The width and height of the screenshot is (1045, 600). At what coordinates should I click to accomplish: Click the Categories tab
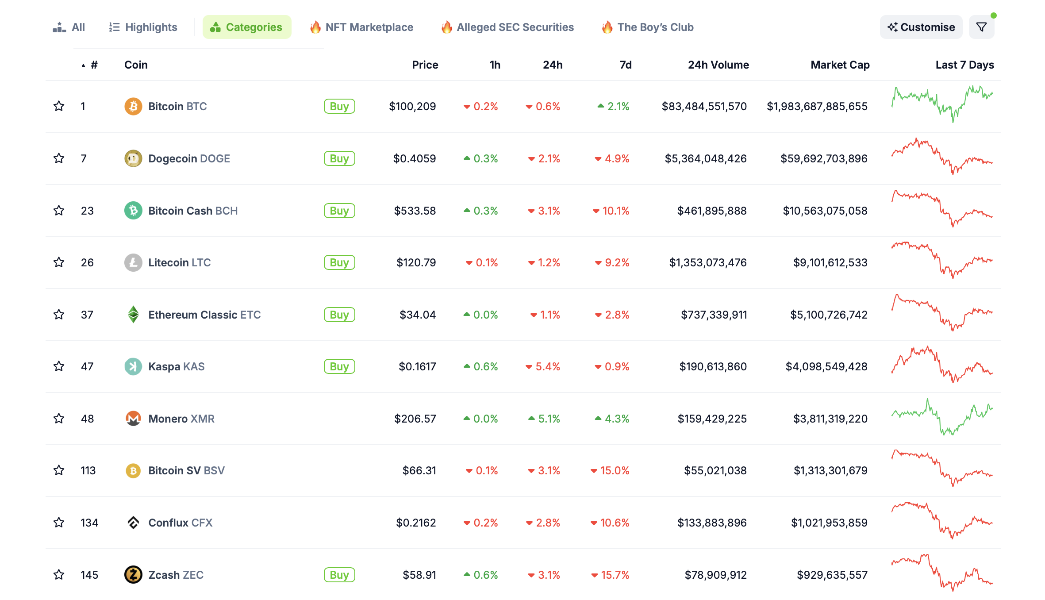[246, 27]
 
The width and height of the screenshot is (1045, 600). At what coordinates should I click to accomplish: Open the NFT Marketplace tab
[361, 27]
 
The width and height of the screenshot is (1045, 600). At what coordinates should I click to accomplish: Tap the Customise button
[921, 27]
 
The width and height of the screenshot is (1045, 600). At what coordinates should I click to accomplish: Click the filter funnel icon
[981, 27]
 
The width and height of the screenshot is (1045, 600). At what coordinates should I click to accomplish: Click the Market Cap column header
[840, 65]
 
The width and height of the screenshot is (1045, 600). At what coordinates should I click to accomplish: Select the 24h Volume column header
[718, 65]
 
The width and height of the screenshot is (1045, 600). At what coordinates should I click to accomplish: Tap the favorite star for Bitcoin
[59, 106]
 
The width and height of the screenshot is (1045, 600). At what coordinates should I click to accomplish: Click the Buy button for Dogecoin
[339, 158]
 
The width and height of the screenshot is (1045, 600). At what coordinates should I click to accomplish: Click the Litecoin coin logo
[133, 262]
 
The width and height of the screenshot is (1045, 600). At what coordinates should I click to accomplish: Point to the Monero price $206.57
[415, 419]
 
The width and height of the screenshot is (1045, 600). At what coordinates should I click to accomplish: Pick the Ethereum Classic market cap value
[829, 315]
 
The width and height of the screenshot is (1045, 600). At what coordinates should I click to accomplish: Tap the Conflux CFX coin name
[180, 523]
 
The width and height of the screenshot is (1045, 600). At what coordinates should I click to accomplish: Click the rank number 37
[87, 315]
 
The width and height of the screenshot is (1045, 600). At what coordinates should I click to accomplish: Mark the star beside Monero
[59, 419]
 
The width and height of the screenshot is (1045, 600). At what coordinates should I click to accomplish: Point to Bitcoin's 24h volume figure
[704, 106]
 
